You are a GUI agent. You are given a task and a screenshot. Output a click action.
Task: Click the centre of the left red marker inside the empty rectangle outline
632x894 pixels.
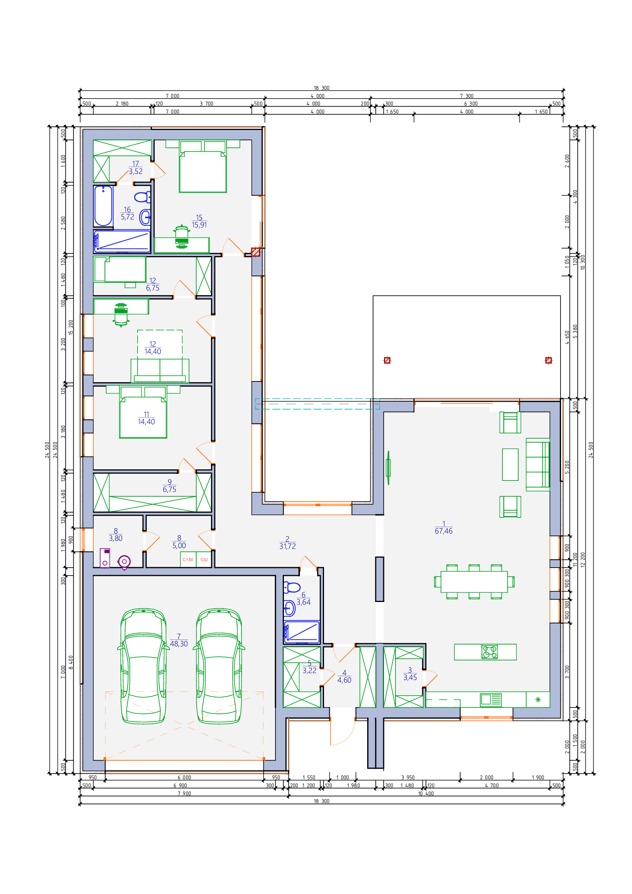point(387,360)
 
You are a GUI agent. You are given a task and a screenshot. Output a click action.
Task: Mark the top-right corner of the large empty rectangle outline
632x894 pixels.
point(561,295)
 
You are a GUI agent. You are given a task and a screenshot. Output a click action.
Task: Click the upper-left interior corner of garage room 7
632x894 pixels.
point(93,576)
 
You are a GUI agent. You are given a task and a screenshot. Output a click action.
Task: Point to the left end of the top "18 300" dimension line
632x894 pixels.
point(80,91)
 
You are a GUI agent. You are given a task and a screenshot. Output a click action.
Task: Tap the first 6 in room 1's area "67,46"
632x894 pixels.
point(437,531)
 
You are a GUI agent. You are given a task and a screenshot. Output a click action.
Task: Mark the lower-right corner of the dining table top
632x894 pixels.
point(507,592)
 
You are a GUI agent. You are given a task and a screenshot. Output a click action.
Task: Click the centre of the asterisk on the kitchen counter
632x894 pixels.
point(538,700)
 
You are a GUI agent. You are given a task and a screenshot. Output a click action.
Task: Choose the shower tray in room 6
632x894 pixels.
point(301,632)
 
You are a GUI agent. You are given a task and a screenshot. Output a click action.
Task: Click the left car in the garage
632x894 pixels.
point(143,666)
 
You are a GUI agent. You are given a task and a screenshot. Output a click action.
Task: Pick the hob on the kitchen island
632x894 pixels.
point(489,652)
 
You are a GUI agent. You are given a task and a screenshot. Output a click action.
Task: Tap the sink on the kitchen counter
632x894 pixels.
point(491,700)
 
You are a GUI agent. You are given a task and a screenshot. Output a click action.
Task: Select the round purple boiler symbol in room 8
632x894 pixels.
point(124,561)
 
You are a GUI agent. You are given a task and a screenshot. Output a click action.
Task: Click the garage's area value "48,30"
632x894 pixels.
point(178,644)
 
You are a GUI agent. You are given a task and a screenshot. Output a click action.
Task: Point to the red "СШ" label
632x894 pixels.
point(204,560)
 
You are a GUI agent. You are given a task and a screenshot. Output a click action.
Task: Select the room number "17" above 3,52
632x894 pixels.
point(135,164)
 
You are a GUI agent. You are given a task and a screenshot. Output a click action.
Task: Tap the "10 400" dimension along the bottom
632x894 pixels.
point(426,793)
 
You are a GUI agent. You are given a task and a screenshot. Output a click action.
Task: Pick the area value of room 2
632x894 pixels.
point(287,546)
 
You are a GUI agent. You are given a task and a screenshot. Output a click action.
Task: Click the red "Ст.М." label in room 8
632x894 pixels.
point(188,560)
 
